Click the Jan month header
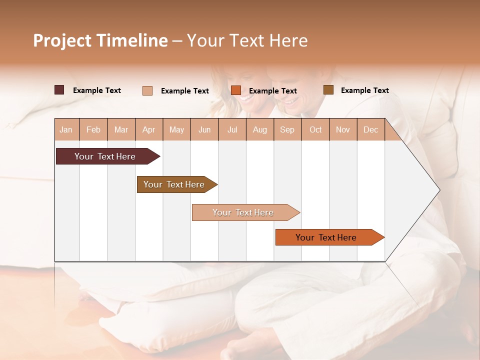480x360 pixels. [66, 129]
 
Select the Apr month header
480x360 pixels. [148, 129]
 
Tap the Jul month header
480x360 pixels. [232, 129]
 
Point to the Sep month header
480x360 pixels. [287, 129]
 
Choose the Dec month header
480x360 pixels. [370, 129]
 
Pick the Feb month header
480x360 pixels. [93, 129]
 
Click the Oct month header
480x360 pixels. [315, 129]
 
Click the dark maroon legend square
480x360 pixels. [59, 90]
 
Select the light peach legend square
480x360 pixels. [147, 90]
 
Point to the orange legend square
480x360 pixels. [236, 90]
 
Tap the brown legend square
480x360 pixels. [328, 90]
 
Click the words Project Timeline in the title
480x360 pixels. [100, 40]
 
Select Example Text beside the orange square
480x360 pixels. [272, 91]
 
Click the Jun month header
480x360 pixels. [204, 129]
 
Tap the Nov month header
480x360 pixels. [342, 129]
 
